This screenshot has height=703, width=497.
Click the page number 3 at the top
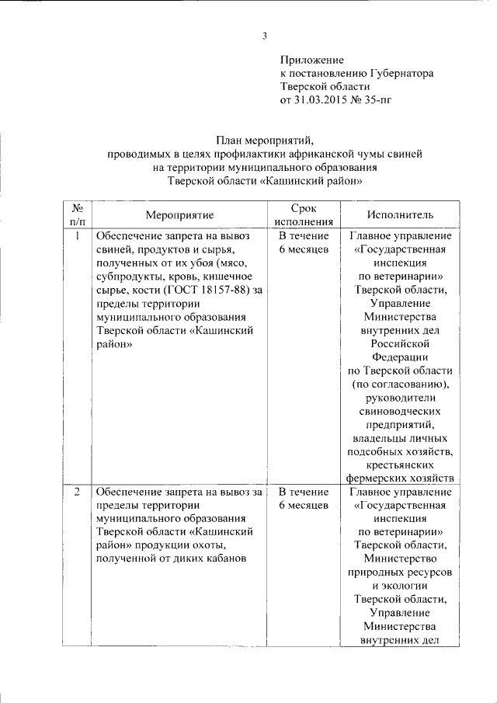pyautogui.click(x=264, y=36)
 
